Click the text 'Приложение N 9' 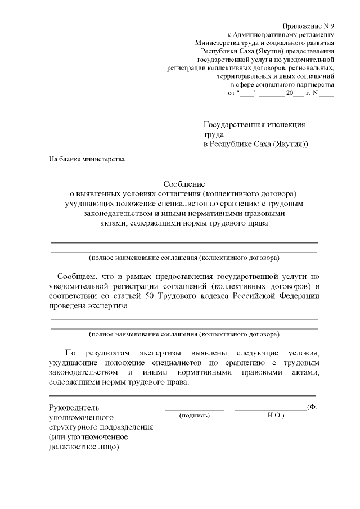coord(309,26)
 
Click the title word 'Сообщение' coord(184,183)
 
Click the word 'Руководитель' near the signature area coord(74,407)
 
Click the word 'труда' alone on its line coord(213,134)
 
